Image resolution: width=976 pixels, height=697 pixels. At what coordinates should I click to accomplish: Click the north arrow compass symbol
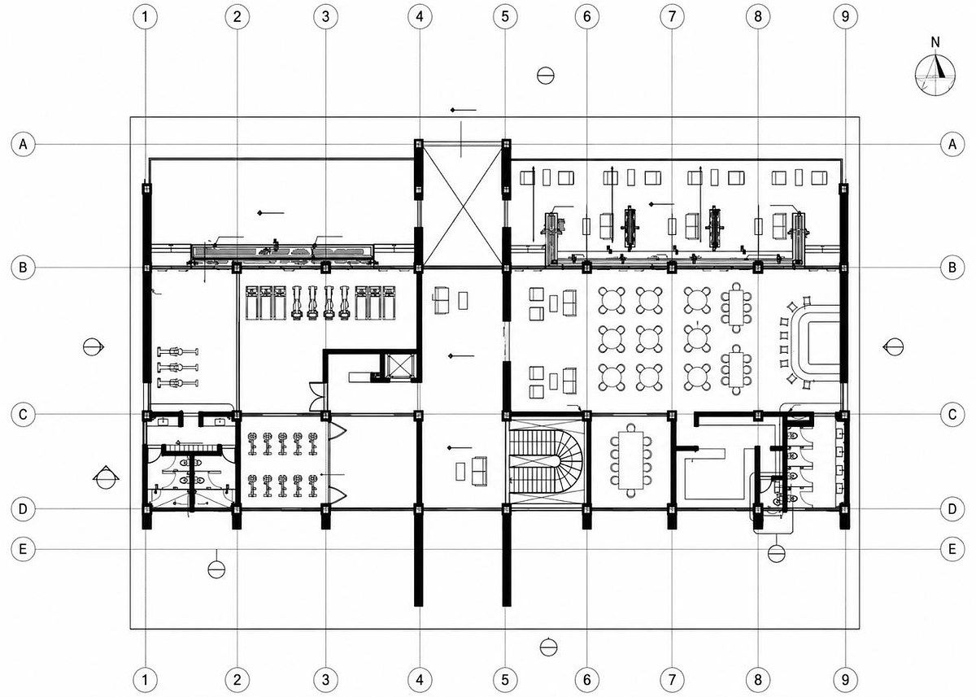click(x=935, y=75)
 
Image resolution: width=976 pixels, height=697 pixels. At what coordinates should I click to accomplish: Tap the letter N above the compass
click(x=935, y=42)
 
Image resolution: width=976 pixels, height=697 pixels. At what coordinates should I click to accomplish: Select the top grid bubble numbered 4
click(x=420, y=17)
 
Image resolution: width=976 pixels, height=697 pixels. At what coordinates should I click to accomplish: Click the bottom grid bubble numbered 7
click(x=672, y=680)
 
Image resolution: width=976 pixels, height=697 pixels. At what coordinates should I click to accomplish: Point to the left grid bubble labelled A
click(x=23, y=144)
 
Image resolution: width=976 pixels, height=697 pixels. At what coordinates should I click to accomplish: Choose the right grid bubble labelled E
click(x=952, y=549)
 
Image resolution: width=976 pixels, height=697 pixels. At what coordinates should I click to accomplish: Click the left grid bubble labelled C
click(x=23, y=414)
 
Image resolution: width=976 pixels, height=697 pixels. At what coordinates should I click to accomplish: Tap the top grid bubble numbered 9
click(x=845, y=17)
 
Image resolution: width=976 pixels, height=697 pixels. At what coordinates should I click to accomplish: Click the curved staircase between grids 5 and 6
click(x=547, y=462)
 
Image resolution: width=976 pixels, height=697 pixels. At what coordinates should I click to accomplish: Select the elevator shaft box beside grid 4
click(x=399, y=367)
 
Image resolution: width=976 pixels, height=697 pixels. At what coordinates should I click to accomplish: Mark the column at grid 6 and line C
click(x=586, y=415)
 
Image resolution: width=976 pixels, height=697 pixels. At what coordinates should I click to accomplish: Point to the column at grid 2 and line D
click(x=236, y=509)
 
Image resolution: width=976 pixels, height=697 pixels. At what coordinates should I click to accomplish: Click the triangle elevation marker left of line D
click(x=106, y=477)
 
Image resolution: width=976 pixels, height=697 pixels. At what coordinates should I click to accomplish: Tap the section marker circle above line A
click(x=545, y=76)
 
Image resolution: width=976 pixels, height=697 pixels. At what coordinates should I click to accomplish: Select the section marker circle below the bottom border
click(x=548, y=647)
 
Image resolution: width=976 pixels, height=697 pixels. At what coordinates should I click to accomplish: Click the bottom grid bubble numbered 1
click(x=145, y=680)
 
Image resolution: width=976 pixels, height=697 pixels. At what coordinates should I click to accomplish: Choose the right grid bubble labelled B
click(x=952, y=267)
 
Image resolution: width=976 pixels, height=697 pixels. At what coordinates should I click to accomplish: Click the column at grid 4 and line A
click(x=419, y=144)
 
